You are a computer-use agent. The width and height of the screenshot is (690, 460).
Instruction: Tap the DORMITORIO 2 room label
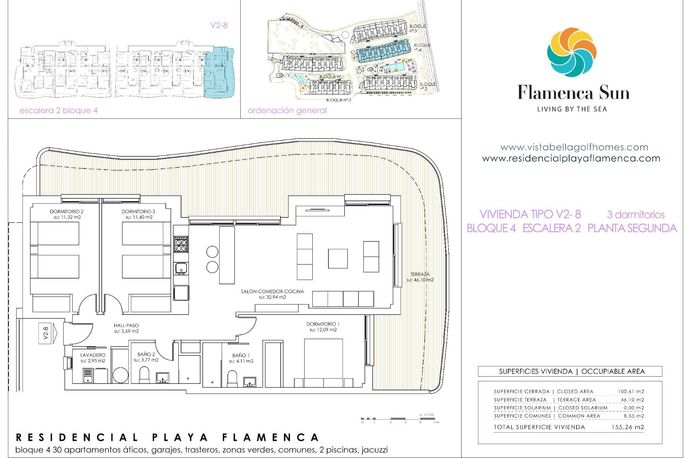coord(66,212)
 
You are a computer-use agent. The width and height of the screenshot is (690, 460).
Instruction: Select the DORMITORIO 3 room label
coord(138,212)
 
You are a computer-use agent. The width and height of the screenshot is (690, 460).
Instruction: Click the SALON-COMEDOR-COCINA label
coord(272,291)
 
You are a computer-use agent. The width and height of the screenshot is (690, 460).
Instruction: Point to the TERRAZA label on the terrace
coord(420,274)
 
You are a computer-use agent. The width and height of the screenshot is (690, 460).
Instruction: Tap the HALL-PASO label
coord(126,326)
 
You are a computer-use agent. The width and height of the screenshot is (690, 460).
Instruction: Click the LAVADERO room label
coord(93,355)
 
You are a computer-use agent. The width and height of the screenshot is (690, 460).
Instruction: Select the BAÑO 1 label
coord(241,355)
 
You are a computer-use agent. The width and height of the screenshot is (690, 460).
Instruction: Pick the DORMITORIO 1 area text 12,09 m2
coord(323,330)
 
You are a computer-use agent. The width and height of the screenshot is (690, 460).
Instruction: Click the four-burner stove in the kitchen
coord(181,244)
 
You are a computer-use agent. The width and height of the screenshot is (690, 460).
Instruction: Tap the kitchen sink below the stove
coord(181,268)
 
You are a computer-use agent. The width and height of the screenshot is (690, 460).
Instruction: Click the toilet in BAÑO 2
coord(144,374)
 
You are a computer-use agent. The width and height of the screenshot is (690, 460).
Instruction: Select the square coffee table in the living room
coord(338,259)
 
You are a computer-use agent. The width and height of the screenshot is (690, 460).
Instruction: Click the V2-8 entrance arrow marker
coord(48,333)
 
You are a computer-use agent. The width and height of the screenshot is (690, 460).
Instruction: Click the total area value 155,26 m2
coord(627,427)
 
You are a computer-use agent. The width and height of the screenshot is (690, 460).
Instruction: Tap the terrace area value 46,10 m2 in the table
coord(632,400)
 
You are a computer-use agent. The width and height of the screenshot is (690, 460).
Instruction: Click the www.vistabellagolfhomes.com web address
coord(574,147)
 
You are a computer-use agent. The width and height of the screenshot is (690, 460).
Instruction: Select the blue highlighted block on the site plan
coord(383,51)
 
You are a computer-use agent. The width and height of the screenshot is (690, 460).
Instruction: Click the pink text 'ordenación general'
coord(287,110)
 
